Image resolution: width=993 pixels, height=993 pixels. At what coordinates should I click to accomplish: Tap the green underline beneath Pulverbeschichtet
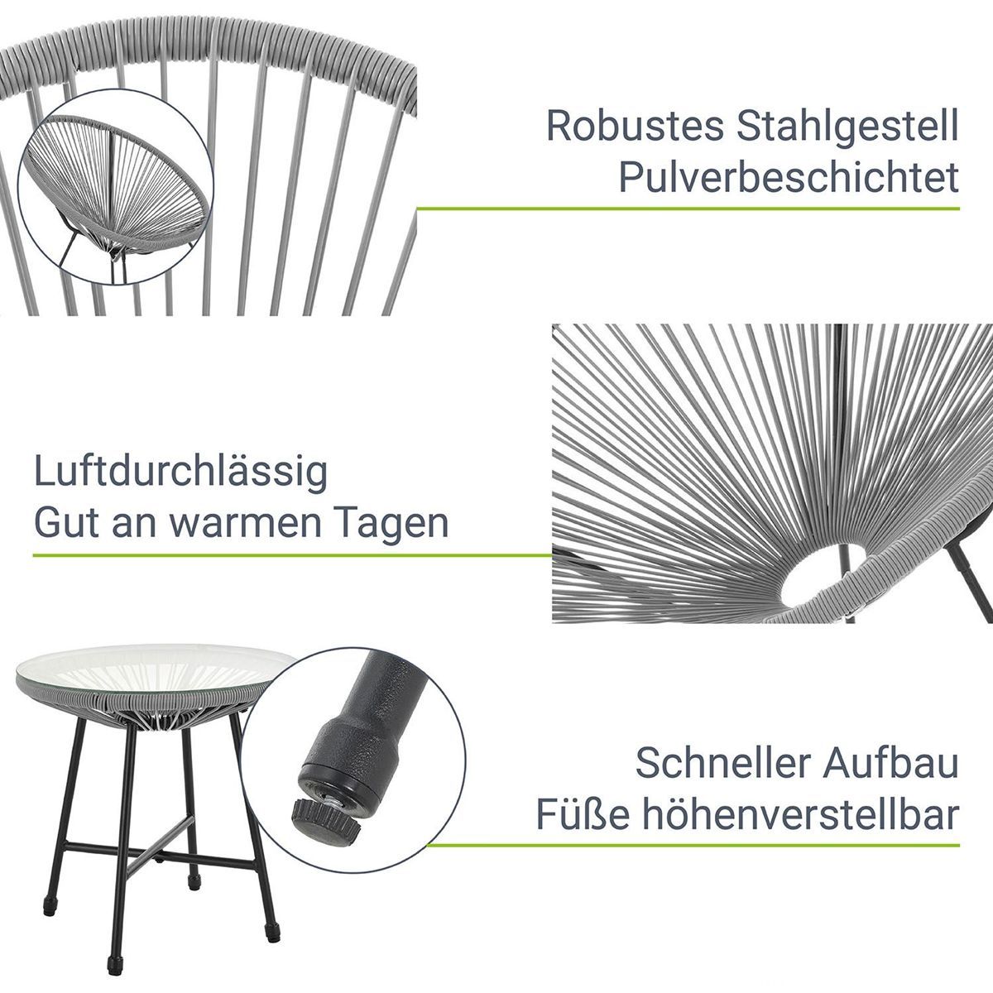(x=688, y=209)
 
